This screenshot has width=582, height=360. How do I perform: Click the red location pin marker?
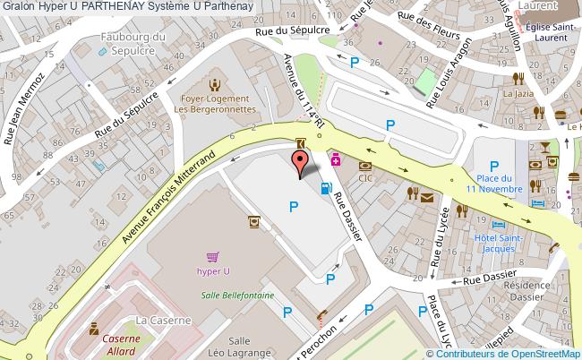[301, 162]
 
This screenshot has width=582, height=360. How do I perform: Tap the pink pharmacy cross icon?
[335, 159]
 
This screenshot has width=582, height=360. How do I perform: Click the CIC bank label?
[364, 178]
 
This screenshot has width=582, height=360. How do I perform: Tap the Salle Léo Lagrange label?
[238, 347]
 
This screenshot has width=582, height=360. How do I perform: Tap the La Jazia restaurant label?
[518, 92]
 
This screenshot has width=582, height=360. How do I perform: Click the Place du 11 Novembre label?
[492, 183]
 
